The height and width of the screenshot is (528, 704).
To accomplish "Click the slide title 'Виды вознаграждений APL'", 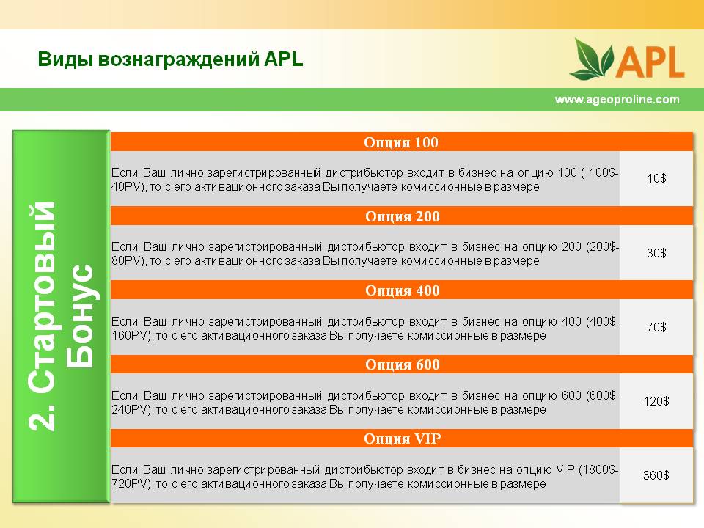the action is [x=170, y=59].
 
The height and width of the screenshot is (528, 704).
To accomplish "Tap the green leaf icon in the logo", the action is [x=592, y=59].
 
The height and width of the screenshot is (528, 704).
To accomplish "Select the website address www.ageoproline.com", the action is [x=617, y=99].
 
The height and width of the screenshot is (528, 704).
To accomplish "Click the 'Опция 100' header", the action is [x=401, y=142].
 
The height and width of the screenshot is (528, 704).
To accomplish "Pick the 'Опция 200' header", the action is [x=403, y=216].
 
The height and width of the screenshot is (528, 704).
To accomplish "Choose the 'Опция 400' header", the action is [x=403, y=290].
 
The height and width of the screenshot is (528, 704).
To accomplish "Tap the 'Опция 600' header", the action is [x=403, y=364].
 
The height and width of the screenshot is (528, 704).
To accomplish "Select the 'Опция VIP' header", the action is [x=403, y=439].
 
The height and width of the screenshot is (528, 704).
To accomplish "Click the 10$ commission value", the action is [x=656, y=178].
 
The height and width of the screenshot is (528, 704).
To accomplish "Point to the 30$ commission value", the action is [x=656, y=253].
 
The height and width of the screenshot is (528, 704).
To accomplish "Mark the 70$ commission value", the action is [x=656, y=327].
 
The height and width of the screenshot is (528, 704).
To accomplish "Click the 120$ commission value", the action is [x=656, y=401].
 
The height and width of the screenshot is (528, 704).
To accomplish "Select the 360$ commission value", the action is [x=656, y=475].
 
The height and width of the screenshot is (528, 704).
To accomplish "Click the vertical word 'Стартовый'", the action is [x=42, y=297].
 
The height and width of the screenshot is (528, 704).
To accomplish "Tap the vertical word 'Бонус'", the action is [x=80, y=316].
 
